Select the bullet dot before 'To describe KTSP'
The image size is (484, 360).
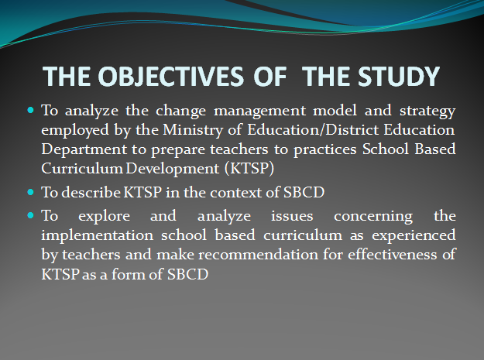click(30, 192)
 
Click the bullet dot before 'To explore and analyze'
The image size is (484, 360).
click(30, 215)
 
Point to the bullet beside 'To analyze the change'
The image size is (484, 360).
click(30, 110)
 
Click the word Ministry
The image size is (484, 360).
click(193, 130)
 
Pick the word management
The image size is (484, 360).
click(260, 111)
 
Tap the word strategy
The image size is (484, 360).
click(427, 111)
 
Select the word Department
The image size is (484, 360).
click(84, 149)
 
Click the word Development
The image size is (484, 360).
click(173, 169)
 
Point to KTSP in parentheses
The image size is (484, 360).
click(249, 169)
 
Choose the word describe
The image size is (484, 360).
click(91, 192)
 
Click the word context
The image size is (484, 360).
click(236, 193)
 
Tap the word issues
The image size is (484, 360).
click(292, 216)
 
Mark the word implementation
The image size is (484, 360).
click(98, 235)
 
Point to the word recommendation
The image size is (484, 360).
click(258, 255)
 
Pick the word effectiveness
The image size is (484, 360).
click(393, 255)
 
